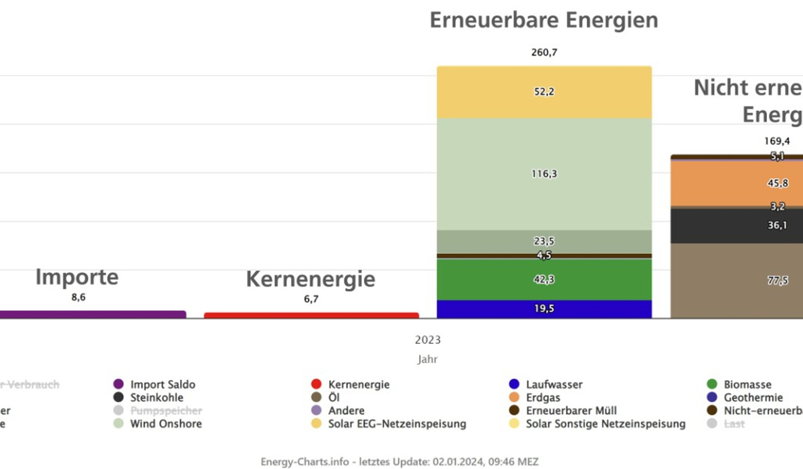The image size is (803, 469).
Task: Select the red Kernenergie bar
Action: pos(311,315)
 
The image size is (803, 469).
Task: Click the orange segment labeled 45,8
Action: pos(736,183)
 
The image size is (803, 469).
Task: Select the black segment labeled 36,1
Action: pos(736,226)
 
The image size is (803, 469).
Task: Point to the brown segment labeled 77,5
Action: pos(736,281)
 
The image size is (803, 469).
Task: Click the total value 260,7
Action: pos(543,52)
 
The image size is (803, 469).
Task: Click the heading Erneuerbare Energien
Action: pos(543,20)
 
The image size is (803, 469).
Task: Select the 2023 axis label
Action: pos(428,340)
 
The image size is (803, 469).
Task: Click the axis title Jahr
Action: pos(428,359)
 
